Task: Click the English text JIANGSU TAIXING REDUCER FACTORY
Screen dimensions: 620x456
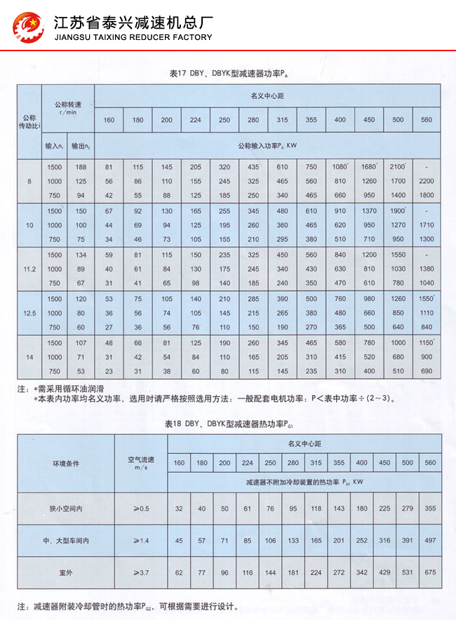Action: [x=133, y=37]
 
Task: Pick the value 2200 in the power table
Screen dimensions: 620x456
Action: [x=426, y=181]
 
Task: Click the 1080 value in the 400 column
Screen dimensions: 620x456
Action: [x=340, y=167]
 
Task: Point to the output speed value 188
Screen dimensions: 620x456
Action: [x=81, y=167]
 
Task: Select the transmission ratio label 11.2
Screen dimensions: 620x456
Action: [x=29, y=269]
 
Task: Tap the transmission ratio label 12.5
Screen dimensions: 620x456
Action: [x=29, y=313]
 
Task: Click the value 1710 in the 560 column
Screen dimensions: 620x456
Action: [x=426, y=225]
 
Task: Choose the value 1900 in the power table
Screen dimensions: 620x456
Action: [x=398, y=211]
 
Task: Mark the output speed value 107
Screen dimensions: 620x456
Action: [x=81, y=343]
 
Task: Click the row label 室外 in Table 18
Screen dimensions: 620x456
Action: [x=66, y=573]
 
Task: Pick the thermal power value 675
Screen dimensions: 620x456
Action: [x=430, y=573]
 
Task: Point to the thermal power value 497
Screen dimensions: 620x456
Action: [x=430, y=540]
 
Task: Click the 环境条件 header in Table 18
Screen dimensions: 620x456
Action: [x=66, y=464]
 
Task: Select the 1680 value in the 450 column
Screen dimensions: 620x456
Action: [x=369, y=167]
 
